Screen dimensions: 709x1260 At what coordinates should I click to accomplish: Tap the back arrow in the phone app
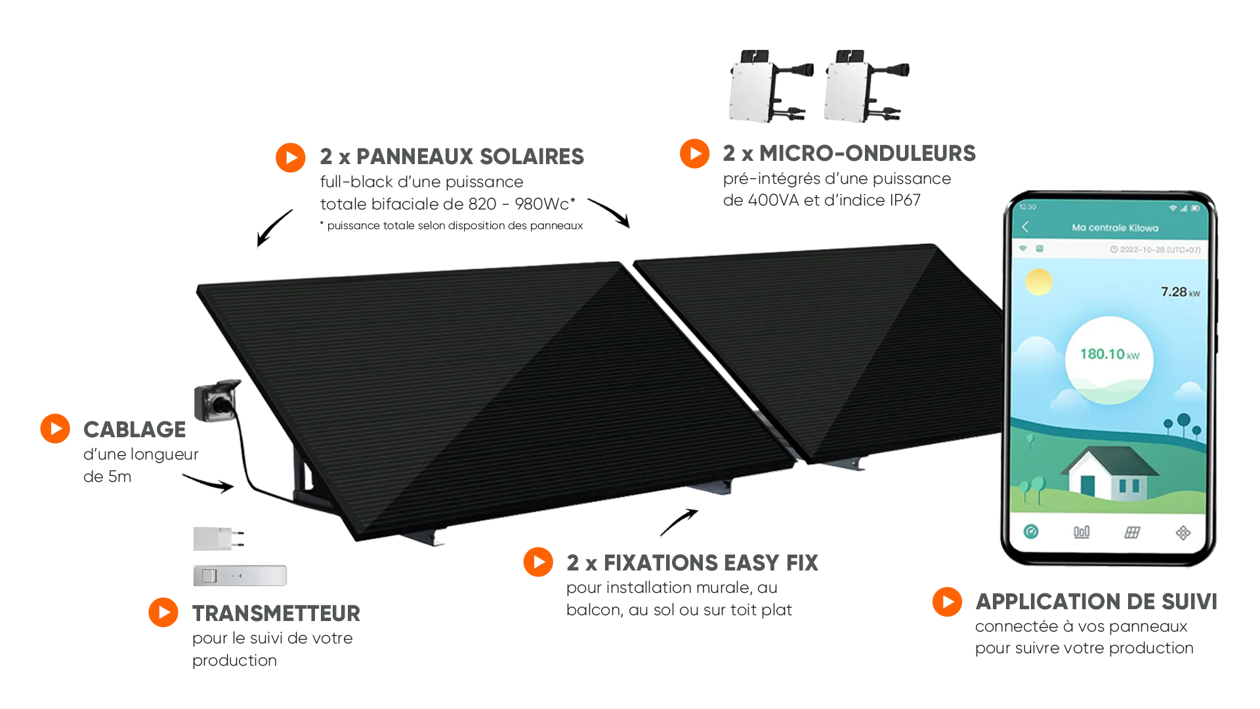click(x=1025, y=227)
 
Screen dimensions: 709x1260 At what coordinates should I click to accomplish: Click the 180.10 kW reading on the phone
click(x=1109, y=354)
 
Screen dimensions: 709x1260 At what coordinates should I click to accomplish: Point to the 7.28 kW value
click(x=1179, y=292)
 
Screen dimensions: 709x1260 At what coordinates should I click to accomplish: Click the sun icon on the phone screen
click(x=1039, y=282)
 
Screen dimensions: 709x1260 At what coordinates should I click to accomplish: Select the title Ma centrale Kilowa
click(x=1114, y=228)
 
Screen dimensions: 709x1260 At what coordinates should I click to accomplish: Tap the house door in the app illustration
click(x=1087, y=486)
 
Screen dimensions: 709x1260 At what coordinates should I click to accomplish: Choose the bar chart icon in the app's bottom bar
click(x=1081, y=532)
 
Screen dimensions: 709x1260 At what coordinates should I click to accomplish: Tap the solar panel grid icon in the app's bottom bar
click(x=1132, y=532)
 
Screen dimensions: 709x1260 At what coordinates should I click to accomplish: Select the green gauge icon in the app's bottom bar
click(x=1031, y=532)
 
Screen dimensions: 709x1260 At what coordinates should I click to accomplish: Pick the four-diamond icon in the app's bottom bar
click(x=1183, y=532)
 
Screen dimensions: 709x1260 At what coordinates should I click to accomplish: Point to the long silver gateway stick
click(x=238, y=575)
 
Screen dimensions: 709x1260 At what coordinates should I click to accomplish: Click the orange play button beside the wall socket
click(x=55, y=428)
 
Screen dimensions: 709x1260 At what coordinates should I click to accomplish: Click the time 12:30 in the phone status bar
click(x=1028, y=207)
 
